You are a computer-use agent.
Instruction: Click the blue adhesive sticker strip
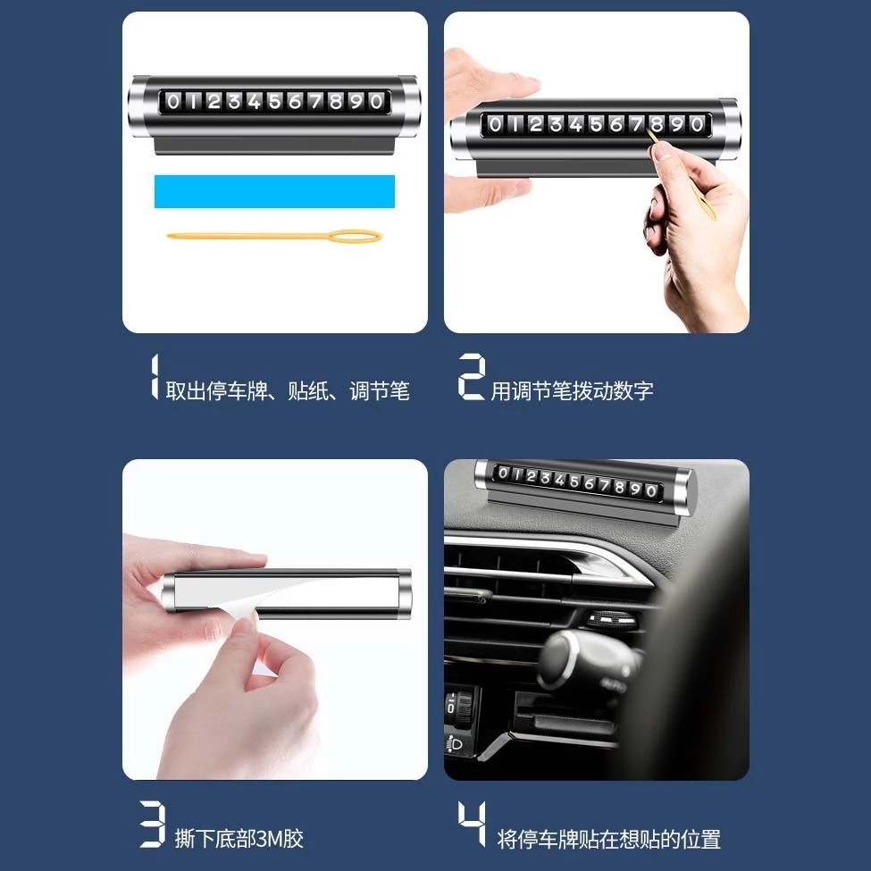tap(274, 192)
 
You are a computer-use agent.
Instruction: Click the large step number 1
tap(155, 377)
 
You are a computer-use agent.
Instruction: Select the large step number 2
tap(472, 377)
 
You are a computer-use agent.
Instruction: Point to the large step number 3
tap(153, 824)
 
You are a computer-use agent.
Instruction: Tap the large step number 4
tap(472, 824)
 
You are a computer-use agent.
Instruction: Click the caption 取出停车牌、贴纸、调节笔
tap(288, 391)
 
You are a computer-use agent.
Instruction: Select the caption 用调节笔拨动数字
tap(572, 391)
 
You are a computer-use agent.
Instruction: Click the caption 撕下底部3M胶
tap(239, 838)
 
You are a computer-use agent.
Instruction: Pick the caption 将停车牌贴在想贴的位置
tap(609, 839)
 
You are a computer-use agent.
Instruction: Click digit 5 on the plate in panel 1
tap(274, 102)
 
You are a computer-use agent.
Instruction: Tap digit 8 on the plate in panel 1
tap(336, 102)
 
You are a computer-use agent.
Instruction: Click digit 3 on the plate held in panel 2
tap(556, 124)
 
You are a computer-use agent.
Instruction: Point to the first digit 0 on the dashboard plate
tap(503, 473)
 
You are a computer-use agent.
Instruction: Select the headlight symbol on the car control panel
tap(455, 743)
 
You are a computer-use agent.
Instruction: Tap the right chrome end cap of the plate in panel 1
tap(409, 105)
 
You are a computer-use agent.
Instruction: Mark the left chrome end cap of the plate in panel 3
tap(168, 593)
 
